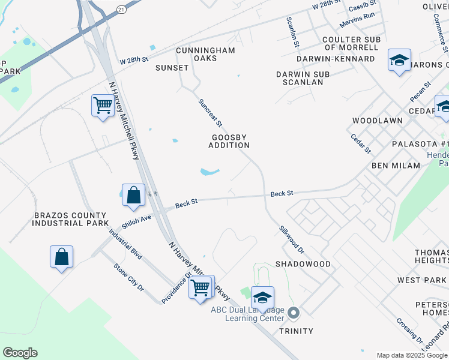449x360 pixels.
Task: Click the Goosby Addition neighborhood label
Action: point(230,141)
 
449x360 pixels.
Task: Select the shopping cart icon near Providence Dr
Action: point(202,288)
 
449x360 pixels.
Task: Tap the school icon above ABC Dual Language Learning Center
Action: point(262,298)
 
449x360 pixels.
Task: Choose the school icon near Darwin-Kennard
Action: point(399,60)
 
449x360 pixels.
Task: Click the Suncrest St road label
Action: point(211,112)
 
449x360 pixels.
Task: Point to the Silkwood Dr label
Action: point(292,239)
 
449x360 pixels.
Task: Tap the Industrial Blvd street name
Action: point(125,244)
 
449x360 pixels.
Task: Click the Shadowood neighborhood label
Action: point(303,264)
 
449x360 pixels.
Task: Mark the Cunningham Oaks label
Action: point(205,55)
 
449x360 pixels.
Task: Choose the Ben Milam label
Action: point(396,165)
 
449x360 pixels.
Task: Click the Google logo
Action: point(20,353)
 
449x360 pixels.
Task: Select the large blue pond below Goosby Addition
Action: point(209,172)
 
